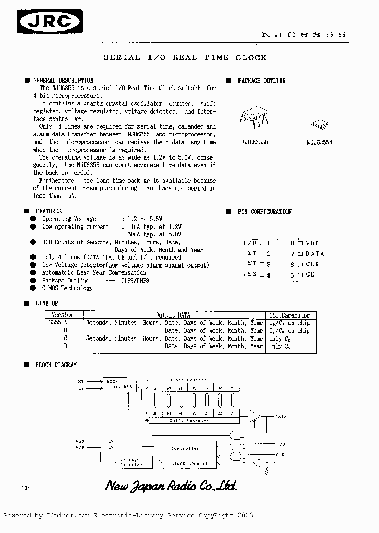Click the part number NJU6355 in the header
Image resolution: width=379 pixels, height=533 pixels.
[304, 34]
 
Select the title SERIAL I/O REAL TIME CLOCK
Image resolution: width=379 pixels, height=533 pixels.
[185, 57]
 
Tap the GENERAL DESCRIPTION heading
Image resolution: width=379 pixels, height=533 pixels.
[63, 81]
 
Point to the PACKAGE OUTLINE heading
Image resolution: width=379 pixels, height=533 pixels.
[261, 81]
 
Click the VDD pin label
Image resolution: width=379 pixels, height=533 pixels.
[312, 243]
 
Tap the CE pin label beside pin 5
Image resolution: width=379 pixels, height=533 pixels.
[310, 274]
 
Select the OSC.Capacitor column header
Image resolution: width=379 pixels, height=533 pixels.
[289, 315]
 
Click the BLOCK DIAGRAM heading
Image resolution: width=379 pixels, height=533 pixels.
[56, 364]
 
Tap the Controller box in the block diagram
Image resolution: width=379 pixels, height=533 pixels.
[185, 448]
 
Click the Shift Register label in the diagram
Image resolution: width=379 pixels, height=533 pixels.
[189, 420]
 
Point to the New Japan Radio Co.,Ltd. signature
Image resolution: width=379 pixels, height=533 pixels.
[171, 486]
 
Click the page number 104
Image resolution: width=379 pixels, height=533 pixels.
[26, 488]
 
